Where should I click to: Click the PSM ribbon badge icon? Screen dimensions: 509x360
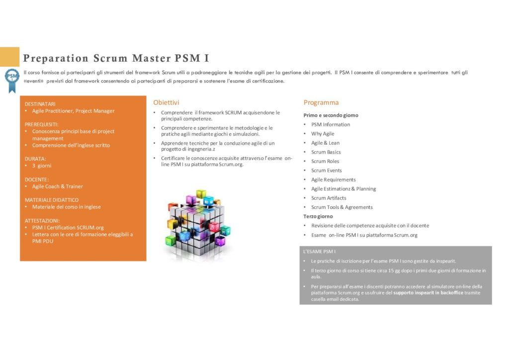(x=12, y=80)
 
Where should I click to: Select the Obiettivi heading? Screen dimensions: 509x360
(x=166, y=102)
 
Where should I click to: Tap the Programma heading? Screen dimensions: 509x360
(x=321, y=102)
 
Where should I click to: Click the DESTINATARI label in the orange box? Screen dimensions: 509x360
(x=40, y=104)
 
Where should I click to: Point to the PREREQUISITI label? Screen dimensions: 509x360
(x=42, y=124)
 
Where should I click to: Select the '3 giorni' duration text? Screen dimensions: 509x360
(x=42, y=166)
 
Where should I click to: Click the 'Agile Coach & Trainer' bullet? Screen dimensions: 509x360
(x=58, y=186)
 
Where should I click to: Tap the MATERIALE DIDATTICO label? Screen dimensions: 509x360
(x=52, y=200)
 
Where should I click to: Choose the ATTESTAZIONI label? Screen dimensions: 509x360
(x=42, y=221)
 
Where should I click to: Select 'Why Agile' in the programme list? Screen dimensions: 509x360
(x=323, y=133)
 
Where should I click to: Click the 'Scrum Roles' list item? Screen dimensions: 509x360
(x=325, y=161)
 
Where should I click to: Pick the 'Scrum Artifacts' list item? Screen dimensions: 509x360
(x=329, y=198)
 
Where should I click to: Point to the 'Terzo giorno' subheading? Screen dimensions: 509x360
(x=318, y=216)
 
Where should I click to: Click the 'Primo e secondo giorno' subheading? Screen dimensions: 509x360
(x=331, y=115)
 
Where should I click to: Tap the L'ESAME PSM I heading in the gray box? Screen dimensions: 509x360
(x=320, y=251)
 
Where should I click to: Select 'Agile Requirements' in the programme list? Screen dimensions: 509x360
(x=334, y=180)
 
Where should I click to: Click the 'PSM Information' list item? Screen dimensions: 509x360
(x=331, y=124)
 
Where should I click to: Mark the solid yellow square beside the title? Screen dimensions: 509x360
(x=10, y=57)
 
